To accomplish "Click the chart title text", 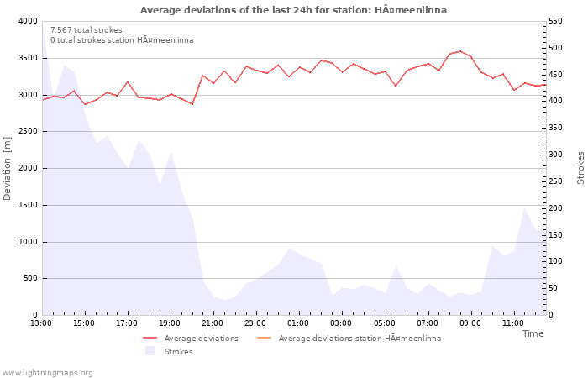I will pos(293,10).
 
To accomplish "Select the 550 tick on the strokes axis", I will pos(559,21).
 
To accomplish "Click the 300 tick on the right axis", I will pos(559,155).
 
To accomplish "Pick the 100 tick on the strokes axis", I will pos(559,262).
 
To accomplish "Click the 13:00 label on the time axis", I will pos(41,323).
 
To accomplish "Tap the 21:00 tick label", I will pos(213,323).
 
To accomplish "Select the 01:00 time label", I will pos(298,323).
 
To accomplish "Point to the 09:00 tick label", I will pos(470,323).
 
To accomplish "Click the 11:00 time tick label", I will pos(513,323).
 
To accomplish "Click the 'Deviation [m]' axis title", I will pos(8,168).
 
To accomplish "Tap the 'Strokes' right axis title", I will pos(580,168).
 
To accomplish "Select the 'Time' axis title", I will pos(533,333).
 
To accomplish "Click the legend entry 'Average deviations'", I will pos(201,339).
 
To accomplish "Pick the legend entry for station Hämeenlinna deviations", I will pos(359,339).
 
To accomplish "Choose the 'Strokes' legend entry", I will pos(178,352).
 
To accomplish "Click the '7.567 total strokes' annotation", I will pos(87,30).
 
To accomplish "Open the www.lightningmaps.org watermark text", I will pos(48,373).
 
